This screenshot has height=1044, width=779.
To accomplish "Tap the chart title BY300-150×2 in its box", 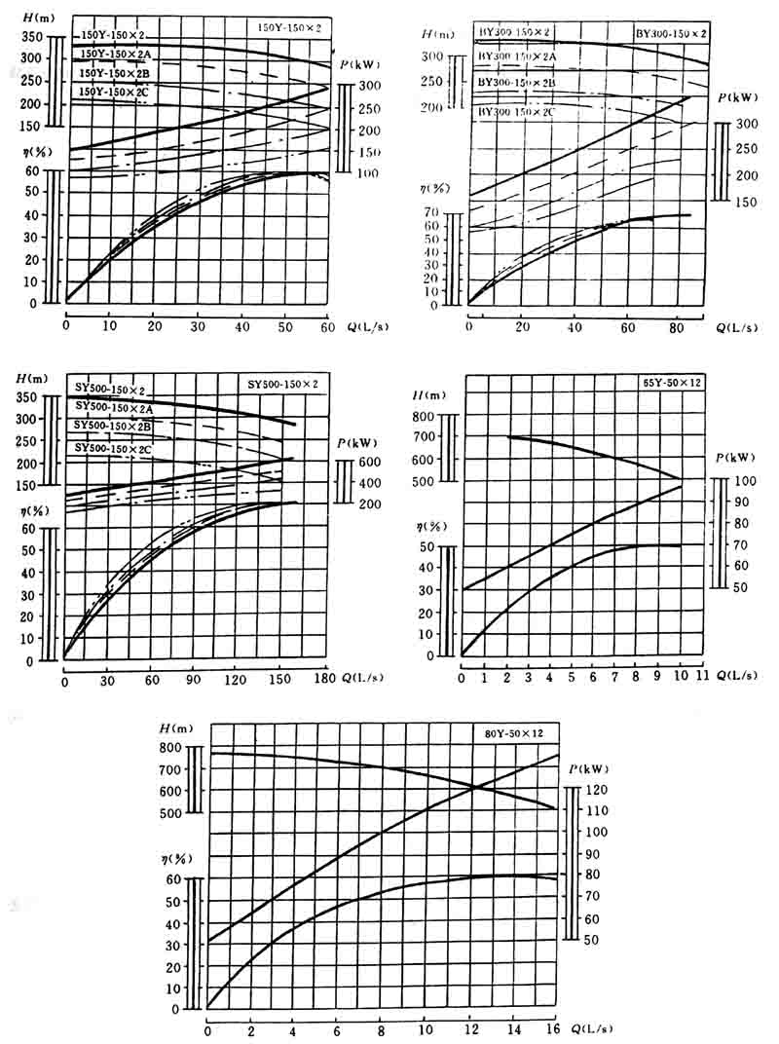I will (x=670, y=32).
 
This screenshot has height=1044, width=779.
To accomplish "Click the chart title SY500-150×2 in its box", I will (x=279, y=382).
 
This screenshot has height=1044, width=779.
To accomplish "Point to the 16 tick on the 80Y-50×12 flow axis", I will (x=553, y=1028).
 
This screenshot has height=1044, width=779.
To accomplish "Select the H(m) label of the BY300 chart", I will (x=434, y=33).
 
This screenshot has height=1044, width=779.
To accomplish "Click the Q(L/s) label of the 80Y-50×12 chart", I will (x=590, y=1028).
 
